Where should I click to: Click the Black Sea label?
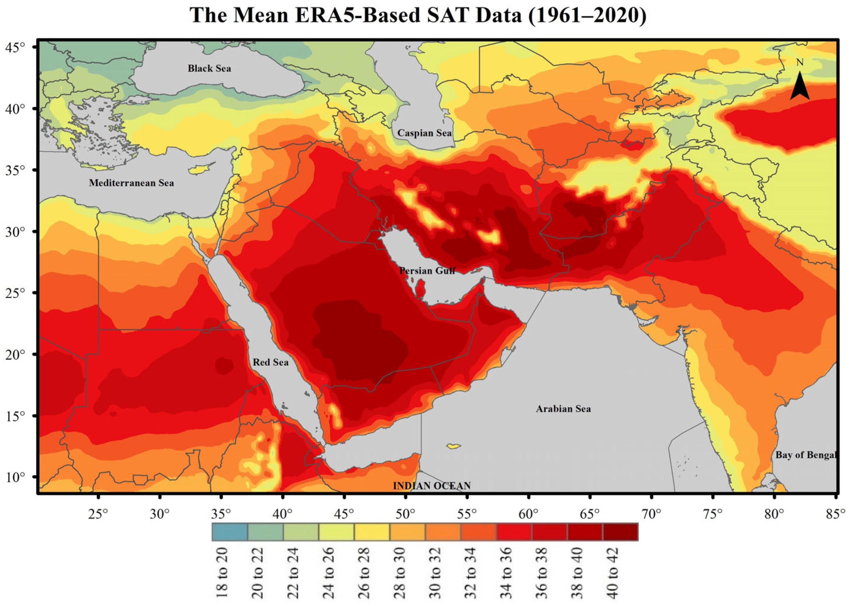pos(209,69)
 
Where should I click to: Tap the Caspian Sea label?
pos(424,133)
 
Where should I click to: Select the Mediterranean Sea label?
pos(131,183)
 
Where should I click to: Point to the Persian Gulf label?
pos(427,271)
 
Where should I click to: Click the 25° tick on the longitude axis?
pos(99,515)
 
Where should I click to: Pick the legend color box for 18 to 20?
pos(229,532)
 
